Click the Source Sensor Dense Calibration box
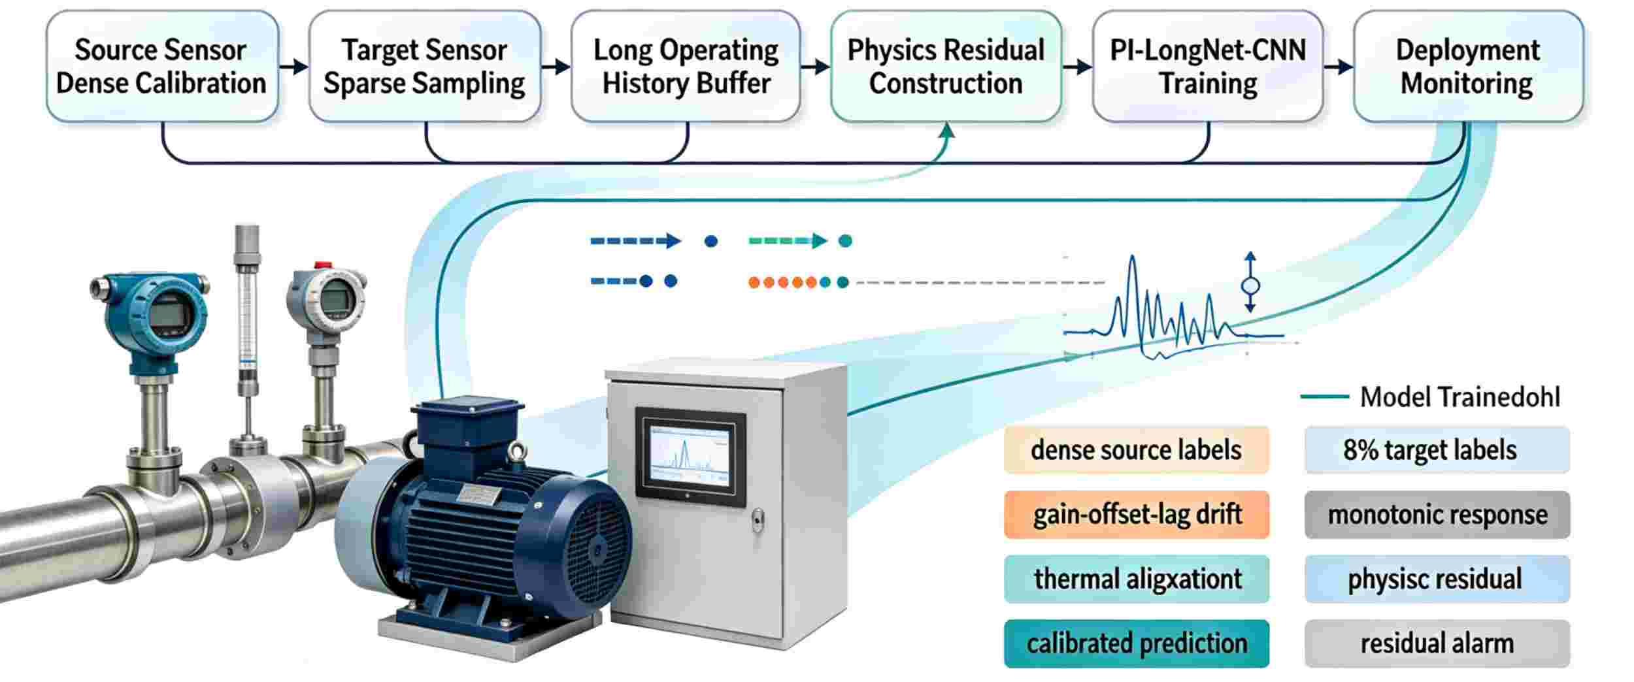[162, 66]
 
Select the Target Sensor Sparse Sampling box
[424, 66]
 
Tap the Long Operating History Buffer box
[686, 66]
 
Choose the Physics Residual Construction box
[946, 66]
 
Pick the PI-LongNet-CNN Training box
[1208, 66]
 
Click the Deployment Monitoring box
[1468, 66]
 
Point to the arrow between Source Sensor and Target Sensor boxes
[294, 66]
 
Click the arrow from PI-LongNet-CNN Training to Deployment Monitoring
[1339, 66]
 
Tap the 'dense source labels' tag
[1137, 449]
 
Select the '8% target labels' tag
[1437, 449]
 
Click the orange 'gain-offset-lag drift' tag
[1137, 514]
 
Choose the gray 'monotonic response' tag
[1437, 514]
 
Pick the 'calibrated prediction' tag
[1137, 643]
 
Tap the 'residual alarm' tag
[1437, 643]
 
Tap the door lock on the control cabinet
[758, 521]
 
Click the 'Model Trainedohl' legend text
[1459, 397]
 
